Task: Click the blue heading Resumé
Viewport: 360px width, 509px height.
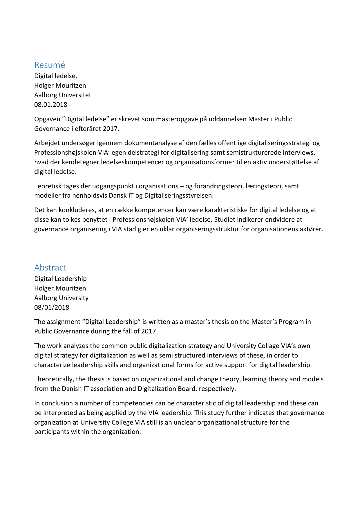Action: [x=50, y=65]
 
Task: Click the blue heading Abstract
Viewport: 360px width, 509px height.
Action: [x=50, y=267]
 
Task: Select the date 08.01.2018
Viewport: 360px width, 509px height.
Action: [x=51, y=104]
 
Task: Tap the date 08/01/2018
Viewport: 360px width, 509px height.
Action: [x=52, y=307]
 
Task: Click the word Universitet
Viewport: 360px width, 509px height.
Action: [x=75, y=95]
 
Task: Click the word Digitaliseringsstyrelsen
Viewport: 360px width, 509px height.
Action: [x=178, y=195]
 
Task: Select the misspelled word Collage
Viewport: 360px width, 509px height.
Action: [x=268, y=346]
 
